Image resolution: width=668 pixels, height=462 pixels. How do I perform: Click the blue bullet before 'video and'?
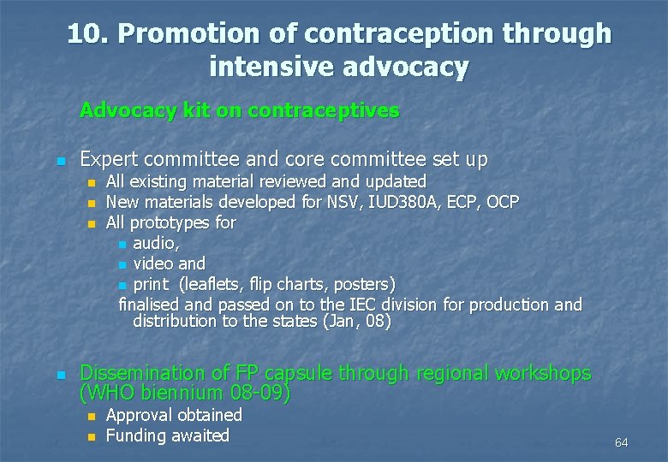pyautogui.click(x=123, y=264)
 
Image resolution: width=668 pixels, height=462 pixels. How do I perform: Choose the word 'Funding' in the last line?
pyautogui.click(x=135, y=435)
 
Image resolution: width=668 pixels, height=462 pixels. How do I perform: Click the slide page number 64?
pyautogui.click(x=621, y=442)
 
